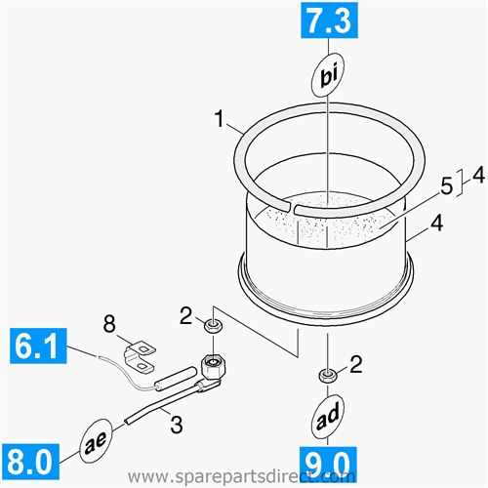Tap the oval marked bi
coord(329,73)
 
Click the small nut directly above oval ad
coord(327,375)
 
